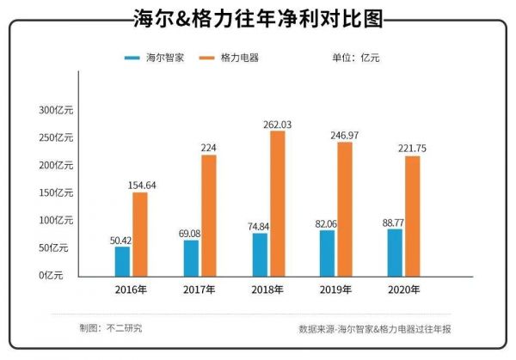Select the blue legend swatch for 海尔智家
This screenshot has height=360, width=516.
[132, 58]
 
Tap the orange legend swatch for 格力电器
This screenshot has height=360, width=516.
[206, 58]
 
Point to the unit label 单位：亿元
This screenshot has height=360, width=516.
[355, 58]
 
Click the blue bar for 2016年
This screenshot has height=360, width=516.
[123, 260]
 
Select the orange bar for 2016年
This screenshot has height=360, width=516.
[140, 233]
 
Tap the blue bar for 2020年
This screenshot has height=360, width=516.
[396, 251]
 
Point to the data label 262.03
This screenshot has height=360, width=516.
[277, 125]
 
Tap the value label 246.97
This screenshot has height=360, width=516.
[345, 136]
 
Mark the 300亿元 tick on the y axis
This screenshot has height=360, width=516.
[58, 111]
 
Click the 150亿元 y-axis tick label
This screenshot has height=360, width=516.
[58, 193]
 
